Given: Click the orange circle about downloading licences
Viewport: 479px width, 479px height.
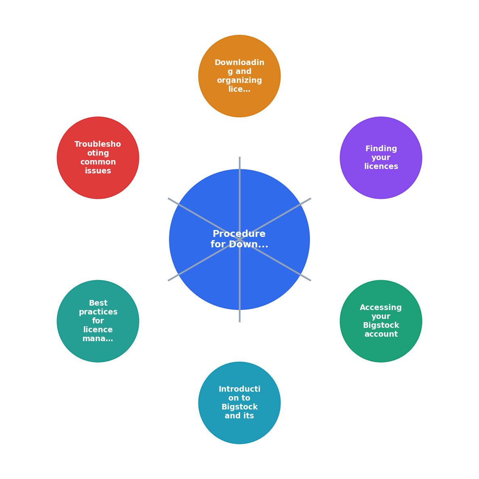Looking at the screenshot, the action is [239, 76].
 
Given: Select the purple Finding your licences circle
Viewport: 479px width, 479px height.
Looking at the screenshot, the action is [381, 158].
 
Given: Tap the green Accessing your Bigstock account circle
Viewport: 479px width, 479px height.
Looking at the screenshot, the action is [381, 321].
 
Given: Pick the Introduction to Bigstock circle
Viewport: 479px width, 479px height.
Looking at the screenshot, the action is [239, 403].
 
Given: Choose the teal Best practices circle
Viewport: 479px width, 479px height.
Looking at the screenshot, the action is [98, 321].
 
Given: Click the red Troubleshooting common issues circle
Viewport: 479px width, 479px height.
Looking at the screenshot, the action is [98, 158].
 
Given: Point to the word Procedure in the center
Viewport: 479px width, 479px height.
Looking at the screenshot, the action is [239, 234].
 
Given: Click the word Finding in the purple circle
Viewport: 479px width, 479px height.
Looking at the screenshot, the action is [381, 149].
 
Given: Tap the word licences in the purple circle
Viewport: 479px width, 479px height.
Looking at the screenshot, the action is [381, 166].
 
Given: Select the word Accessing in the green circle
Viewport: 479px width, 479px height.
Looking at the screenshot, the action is [381, 308].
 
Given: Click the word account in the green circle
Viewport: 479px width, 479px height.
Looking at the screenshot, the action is [381, 334].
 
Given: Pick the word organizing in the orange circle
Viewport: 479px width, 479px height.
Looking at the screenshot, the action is [239, 80].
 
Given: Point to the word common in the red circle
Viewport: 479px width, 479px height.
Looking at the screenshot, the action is [98, 162].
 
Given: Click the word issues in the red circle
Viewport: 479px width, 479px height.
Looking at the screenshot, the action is [98, 171].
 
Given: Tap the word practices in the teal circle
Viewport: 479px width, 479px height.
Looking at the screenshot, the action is [98, 312].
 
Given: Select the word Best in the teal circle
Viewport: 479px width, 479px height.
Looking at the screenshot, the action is [98, 303].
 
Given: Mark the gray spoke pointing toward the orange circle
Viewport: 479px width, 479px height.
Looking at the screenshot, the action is [240, 198].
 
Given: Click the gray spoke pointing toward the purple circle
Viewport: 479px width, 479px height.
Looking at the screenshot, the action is [275, 219].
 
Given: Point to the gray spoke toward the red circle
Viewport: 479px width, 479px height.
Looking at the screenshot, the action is [204, 219].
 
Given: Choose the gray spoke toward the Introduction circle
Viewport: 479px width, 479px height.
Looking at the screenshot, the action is [240, 281].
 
